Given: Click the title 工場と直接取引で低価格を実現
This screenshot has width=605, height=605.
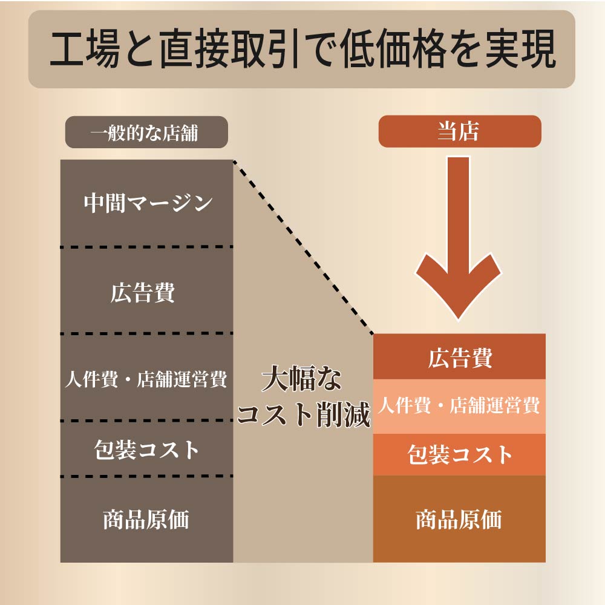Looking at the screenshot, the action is point(303,49).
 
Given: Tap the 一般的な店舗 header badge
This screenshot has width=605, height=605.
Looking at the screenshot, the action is point(146,132).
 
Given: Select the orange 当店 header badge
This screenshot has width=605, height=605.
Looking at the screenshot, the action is point(460,131).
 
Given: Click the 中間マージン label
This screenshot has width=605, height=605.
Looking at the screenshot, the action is point(148,203).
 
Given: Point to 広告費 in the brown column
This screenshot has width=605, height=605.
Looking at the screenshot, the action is point(143,292).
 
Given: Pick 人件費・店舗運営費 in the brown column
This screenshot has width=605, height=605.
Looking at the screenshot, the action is point(146,379).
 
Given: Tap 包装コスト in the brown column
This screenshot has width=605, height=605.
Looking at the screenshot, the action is point(146,450).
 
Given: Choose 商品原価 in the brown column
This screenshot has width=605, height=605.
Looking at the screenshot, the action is point(146,519).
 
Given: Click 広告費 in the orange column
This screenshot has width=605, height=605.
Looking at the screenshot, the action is point(460,358).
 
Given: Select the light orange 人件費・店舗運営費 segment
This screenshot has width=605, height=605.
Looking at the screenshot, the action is point(459,407).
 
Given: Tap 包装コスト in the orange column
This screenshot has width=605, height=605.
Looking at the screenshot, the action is point(460,454).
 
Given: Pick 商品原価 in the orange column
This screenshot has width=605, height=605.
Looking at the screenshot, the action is point(459,519).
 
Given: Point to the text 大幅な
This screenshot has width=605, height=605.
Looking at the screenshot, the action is point(301,378).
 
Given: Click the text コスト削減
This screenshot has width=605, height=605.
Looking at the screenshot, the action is point(304,414).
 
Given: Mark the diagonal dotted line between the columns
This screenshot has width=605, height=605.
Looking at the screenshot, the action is point(303,247).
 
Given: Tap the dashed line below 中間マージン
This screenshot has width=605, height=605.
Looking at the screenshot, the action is point(146,247).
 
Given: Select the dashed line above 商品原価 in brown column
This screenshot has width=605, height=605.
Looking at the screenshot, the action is point(146,477).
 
